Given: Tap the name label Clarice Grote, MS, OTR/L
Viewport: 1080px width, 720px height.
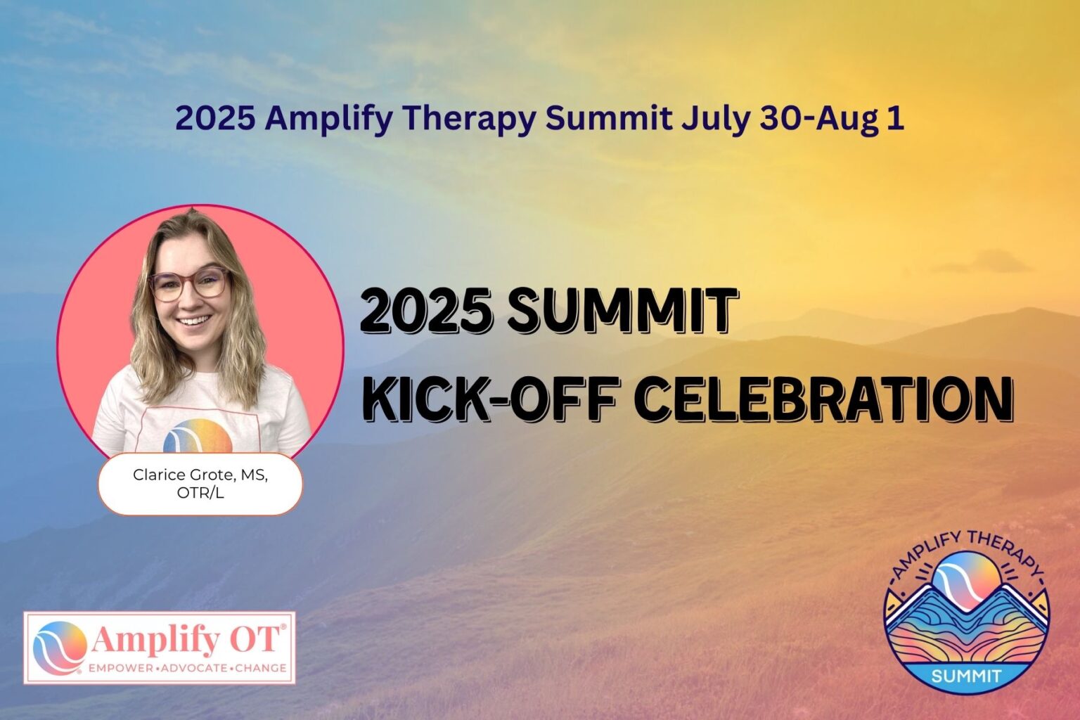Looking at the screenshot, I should click(x=200, y=484).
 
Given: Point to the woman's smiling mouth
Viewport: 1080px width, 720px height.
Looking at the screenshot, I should click(x=193, y=321).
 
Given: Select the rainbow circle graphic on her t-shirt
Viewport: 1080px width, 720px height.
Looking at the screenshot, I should click(x=198, y=436).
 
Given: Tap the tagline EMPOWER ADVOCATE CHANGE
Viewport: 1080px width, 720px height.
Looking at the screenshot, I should click(x=187, y=668).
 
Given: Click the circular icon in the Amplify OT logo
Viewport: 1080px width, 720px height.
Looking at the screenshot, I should click(x=59, y=647).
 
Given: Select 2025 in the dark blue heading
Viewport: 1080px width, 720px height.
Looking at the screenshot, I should click(x=214, y=119).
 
